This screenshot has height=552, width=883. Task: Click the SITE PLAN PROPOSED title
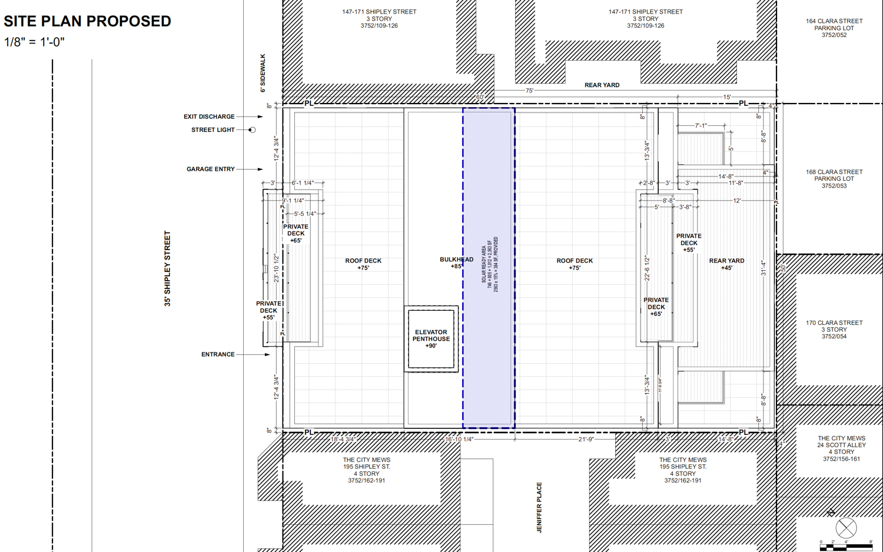(x=87, y=21)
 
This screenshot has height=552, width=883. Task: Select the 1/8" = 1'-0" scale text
(x=34, y=42)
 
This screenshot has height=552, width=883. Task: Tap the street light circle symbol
(x=252, y=130)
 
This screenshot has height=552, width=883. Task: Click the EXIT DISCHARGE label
(x=209, y=117)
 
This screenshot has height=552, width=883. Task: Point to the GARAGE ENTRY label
(x=211, y=169)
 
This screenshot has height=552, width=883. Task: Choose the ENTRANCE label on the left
(x=218, y=354)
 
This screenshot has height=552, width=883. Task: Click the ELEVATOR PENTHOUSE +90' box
(x=431, y=339)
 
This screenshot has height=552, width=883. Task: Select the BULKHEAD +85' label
(x=456, y=262)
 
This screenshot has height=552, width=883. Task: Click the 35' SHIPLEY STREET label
(x=168, y=268)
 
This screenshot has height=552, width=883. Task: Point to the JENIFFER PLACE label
(x=539, y=507)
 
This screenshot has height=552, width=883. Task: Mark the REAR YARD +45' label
(x=726, y=264)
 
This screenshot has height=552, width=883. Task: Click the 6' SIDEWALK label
(x=263, y=73)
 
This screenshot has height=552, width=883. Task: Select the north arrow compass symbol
(x=846, y=527)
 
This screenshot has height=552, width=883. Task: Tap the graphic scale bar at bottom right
(x=846, y=547)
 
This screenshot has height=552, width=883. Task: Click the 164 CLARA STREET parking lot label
(x=834, y=28)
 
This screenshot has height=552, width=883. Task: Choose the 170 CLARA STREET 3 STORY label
(x=834, y=330)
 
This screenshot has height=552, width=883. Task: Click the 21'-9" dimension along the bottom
(x=586, y=440)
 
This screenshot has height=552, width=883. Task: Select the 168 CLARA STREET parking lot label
(x=834, y=179)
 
